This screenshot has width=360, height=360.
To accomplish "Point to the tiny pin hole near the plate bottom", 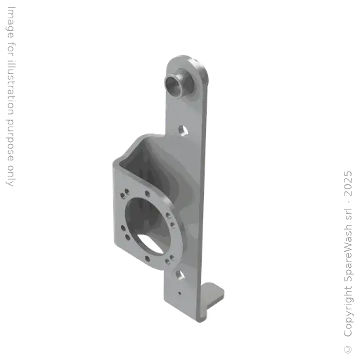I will click(180, 289).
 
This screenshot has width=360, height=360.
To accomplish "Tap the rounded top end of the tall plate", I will click(187, 58).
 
